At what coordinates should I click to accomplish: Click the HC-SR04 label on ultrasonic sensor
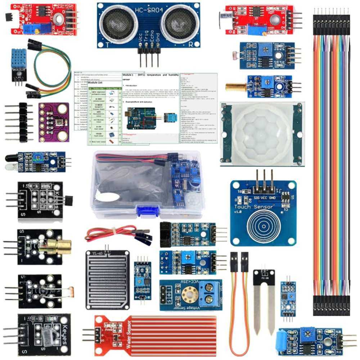[148, 10]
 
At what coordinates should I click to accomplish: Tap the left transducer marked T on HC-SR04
[114, 23]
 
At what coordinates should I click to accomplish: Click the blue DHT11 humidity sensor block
[18, 59]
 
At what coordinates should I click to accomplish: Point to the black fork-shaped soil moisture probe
[264, 302]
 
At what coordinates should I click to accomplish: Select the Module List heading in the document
[95, 83]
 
